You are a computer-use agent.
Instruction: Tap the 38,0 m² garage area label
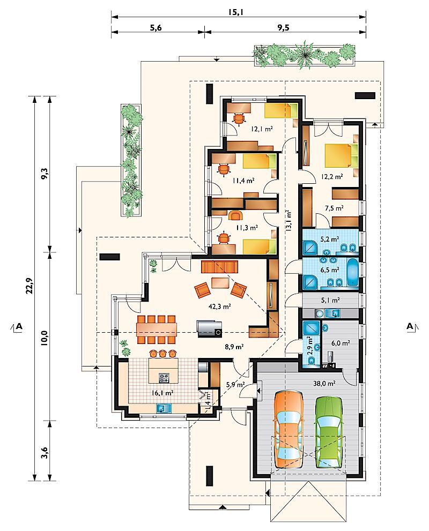tap(324, 383)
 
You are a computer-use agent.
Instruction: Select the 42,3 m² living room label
tap(219, 306)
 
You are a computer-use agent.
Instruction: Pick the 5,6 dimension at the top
tap(156, 28)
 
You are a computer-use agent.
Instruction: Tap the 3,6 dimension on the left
tap(45, 453)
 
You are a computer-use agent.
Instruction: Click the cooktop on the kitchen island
tap(164, 378)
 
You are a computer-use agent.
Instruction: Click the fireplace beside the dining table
tap(210, 329)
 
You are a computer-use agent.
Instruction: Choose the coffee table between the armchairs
tap(220, 283)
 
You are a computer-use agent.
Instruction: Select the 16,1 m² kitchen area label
tap(163, 393)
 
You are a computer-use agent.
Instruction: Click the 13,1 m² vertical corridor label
tap(289, 220)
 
